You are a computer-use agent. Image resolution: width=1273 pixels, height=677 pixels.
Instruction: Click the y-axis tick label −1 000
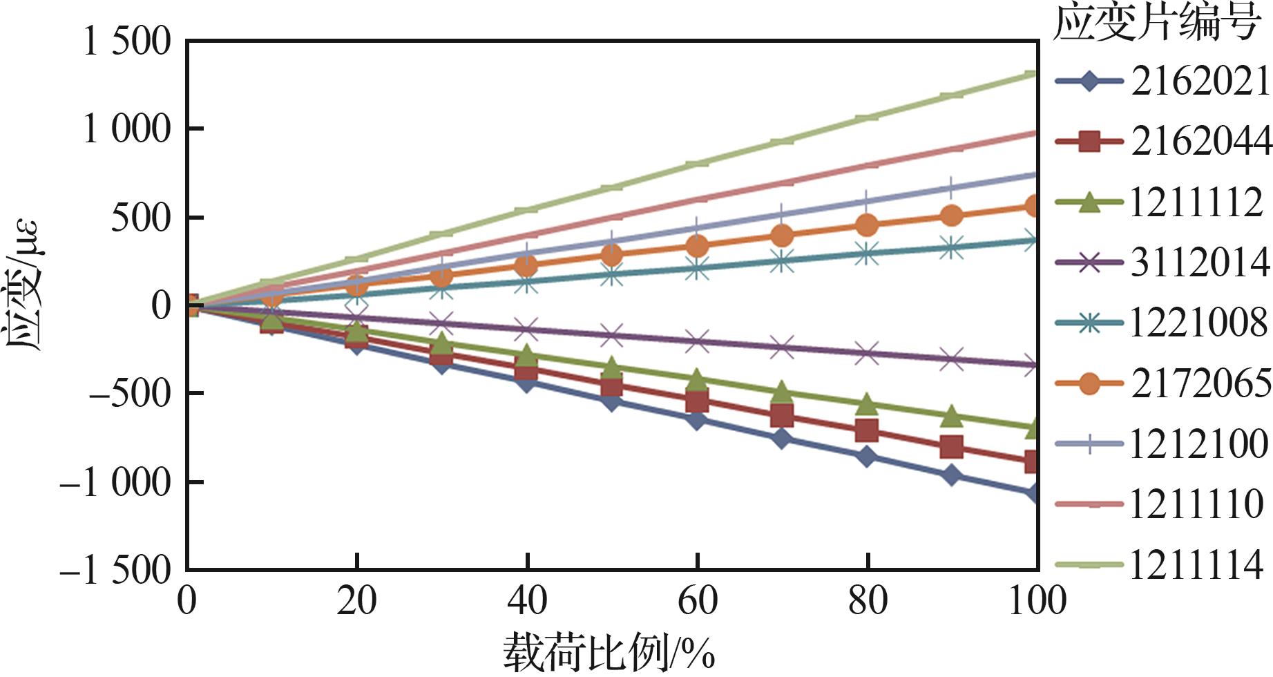point(115,482)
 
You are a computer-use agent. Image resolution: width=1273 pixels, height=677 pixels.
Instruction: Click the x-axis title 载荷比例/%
point(609,653)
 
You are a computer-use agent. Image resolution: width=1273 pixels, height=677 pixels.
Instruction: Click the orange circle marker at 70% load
point(781,236)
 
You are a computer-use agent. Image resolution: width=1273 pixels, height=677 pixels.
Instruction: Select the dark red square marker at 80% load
point(866,431)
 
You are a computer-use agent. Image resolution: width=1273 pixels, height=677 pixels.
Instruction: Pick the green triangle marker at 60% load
point(696,379)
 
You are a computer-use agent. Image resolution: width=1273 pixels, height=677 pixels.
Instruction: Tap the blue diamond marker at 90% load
point(951,475)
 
